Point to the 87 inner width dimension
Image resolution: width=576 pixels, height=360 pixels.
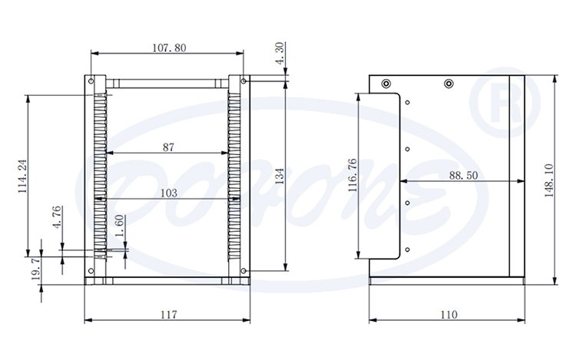coord(168,147)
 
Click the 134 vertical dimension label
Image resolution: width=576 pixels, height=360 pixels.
coord(280,176)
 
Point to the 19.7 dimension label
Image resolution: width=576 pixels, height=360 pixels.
coord(35,270)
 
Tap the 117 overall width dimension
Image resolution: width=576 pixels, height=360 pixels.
coord(168,314)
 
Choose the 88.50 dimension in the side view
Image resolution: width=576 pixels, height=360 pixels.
coord(463,175)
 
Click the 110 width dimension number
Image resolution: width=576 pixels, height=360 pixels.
coord(448,314)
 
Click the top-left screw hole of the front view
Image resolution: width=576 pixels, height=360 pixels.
coord(91,80)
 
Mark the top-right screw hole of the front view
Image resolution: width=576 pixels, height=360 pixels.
coord(243,80)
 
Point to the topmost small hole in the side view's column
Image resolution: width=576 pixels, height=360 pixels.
coord(408,102)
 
